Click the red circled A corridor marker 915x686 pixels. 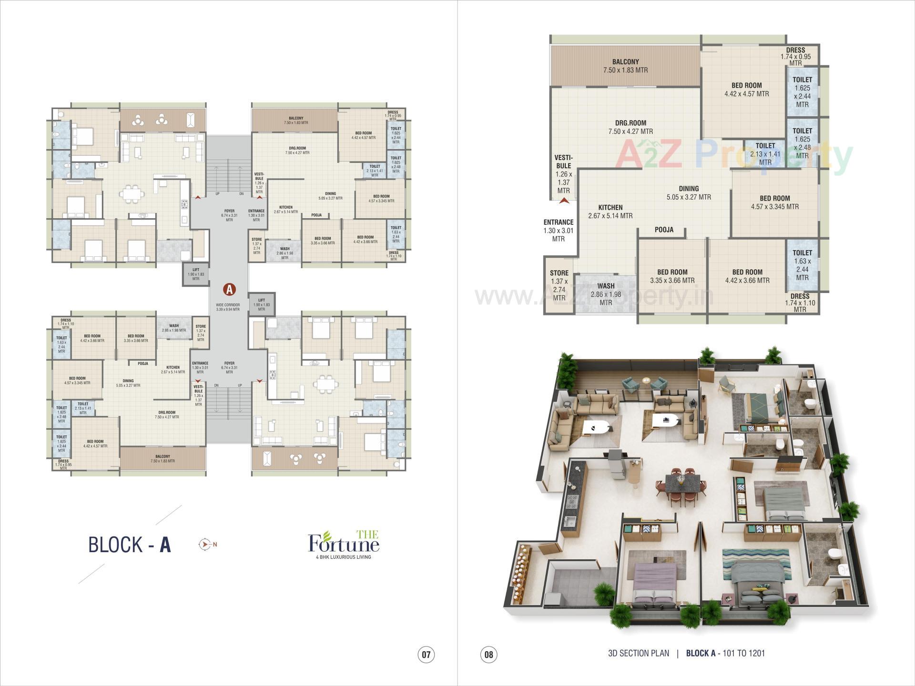coord(230,289)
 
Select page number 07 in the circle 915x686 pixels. coord(426,654)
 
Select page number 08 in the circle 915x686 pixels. coord(488,654)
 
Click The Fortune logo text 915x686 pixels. coord(344,543)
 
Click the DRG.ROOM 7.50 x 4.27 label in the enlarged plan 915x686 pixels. coord(630,127)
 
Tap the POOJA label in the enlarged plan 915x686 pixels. coord(664,230)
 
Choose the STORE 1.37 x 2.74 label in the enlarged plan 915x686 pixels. coord(559,285)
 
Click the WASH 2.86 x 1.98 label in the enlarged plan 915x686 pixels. coord(605,294)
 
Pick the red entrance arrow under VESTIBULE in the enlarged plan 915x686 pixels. coord(564,201)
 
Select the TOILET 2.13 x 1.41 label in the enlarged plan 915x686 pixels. coord(765,153)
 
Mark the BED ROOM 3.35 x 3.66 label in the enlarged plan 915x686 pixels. coord(672,276)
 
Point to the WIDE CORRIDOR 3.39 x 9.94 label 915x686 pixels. coord(228,307)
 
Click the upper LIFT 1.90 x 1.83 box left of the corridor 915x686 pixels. coord(195,274)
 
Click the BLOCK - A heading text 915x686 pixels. coord(129,545)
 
